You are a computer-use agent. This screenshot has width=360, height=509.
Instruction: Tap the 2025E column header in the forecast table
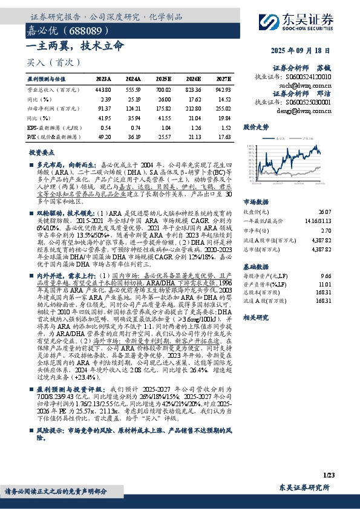click(163, 79)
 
